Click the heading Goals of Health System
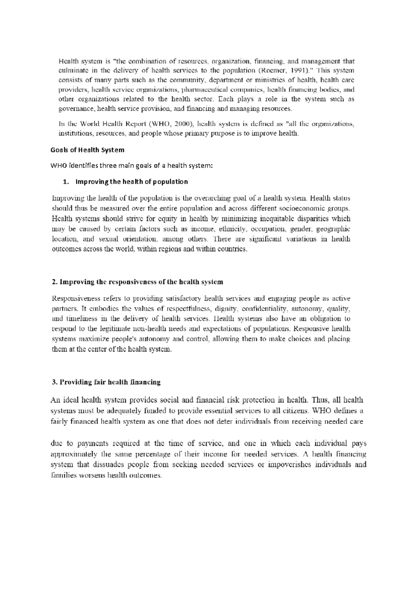[x=87, y=150]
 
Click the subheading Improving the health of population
[x=131, y=181]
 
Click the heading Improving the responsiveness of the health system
[x=137, y=282]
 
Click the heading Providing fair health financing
[x=106, y=382]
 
